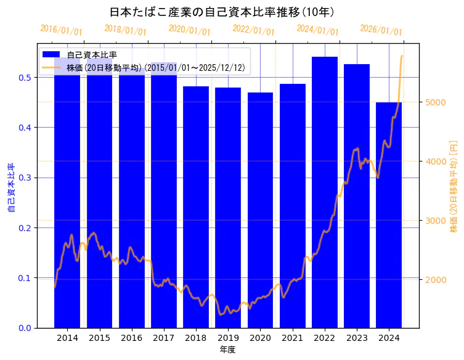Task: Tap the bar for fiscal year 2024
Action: click(x=389, y=215)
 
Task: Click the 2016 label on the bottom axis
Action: click(x=131, y=338)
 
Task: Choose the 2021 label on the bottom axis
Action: click(x=292, y=338)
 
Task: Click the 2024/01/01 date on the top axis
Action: click(x=317, y=30)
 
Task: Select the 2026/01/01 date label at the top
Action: click(x=381, y=30)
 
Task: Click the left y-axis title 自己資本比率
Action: click(x=10, y=188)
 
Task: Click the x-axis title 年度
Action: click(x=227, y=350)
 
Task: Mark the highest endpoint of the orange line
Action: click(x=402, y=56)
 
